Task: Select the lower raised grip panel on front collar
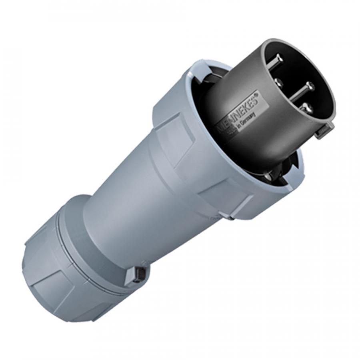228,200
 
